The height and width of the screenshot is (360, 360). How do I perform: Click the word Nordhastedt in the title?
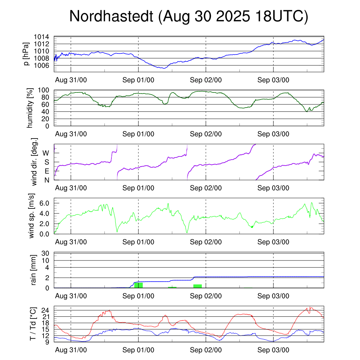click(x=111, y=17)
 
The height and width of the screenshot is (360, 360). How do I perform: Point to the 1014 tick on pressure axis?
click(x=41, y=37)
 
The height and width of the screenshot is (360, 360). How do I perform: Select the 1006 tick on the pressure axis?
click(x=41, y=65)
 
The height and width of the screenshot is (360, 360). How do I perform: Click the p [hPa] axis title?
click(x=27, y=54)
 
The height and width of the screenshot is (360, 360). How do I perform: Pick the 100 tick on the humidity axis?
click(x=43, y=90)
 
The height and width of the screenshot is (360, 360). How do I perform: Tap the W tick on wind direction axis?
click(x=46, y=153)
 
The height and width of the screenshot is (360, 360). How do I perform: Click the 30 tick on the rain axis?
click(x=45, y=253)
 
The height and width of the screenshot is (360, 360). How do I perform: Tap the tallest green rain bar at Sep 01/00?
click(x=139, y=285)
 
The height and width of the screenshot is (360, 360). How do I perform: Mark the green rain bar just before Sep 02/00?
click(x=197, y=286)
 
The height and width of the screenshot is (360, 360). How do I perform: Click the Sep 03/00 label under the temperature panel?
click(x=273, y=350)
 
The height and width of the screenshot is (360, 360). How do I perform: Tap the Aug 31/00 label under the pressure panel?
click(x=71, y=80)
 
